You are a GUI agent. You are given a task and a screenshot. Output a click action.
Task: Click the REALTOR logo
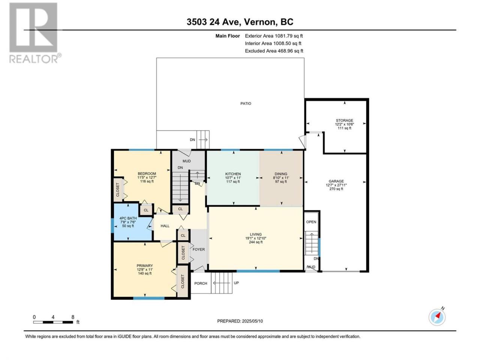[35, 33]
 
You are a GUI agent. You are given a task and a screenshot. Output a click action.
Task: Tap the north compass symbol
[437, 317]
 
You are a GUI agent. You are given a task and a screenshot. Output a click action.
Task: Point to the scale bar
[53, 322]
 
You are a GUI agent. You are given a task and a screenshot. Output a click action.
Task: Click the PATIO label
[246, 103]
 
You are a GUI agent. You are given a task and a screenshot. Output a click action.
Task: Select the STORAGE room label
[344, 120]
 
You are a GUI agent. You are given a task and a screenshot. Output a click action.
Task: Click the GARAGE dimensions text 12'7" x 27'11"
[336, 185]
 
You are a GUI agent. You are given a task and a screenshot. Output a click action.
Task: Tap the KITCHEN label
[233, 174]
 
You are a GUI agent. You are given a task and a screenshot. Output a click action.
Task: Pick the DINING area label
[281, 174]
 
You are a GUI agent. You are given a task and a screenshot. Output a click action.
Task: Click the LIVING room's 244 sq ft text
[256, 242]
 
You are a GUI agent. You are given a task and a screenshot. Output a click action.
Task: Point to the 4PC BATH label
[128, 218]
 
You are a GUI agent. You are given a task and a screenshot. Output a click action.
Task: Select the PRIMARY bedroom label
[144, 265]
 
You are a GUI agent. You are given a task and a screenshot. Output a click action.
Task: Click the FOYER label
[198, 249]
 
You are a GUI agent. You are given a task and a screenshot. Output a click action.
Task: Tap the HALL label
[165, 226]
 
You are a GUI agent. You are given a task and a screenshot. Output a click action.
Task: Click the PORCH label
[201, 283]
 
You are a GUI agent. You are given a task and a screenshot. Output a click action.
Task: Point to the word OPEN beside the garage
[311, 222]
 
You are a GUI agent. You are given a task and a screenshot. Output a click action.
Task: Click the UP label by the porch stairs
[236, 283]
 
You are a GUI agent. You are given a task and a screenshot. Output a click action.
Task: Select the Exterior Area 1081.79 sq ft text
[274, 36]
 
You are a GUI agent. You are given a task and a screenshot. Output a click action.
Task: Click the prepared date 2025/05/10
[252, 321]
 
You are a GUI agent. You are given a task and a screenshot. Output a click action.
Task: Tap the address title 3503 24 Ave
[213, 22]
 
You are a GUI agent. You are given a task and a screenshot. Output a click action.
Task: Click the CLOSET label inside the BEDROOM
[118, 189]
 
